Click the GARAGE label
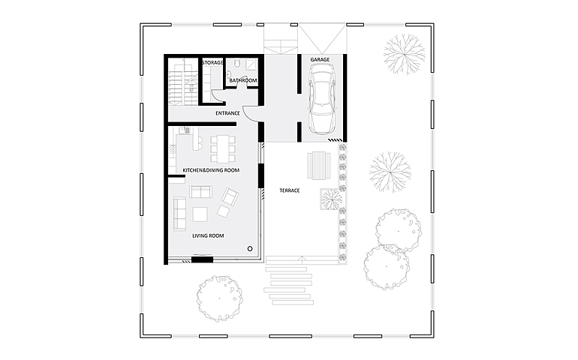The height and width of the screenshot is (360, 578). point(320,59)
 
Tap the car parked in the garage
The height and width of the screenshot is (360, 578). point(323,99)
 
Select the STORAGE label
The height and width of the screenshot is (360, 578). point(212,63)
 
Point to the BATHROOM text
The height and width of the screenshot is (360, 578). point(243,80)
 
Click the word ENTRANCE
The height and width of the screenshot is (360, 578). point(227,113)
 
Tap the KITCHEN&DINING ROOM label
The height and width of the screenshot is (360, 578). point(211,170)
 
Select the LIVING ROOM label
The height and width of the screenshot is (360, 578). point(208,235)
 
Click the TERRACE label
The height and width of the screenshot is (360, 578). point(289,190)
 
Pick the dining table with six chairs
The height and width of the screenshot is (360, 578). point(223,148)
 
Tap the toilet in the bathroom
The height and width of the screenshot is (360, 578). point(236,64)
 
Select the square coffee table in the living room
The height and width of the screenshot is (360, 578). point(200,214)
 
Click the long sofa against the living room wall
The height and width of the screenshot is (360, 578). point(179,214)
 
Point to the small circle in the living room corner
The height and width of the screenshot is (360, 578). point(250,249)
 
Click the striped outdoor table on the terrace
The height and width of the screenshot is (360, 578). point(319,166)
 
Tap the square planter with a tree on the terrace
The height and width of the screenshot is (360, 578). point(331,199)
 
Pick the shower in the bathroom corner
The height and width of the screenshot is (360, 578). point(251,64)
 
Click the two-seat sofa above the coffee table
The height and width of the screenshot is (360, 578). point(200,191)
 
